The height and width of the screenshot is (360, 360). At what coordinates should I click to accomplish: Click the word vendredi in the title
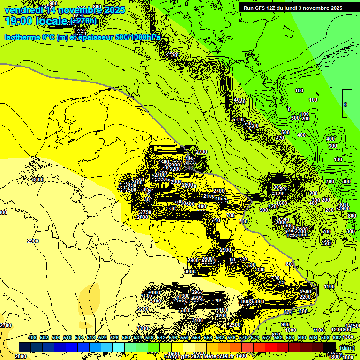(23, 9)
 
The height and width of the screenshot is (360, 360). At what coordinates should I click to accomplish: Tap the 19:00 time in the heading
(19, 21)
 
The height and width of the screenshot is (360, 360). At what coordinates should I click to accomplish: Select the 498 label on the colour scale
(32, 337)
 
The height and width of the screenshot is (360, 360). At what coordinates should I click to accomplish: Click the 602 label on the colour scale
(337, 337)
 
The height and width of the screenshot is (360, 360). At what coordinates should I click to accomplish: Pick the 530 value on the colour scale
(127, 337)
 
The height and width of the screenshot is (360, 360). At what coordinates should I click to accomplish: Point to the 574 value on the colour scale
(255, 337)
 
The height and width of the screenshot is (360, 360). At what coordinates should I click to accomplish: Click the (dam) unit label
(347, 347)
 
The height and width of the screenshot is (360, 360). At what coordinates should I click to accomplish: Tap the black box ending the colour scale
(330, 347)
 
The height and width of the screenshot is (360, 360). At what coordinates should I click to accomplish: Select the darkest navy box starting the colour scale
(25, 347)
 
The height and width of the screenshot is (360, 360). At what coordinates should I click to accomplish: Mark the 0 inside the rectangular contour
(345, 105)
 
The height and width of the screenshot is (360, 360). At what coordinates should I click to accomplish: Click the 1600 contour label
(282, 203)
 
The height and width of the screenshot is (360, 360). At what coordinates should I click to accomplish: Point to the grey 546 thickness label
(188, 167)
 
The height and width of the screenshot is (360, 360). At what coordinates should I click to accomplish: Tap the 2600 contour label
(207, 259)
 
